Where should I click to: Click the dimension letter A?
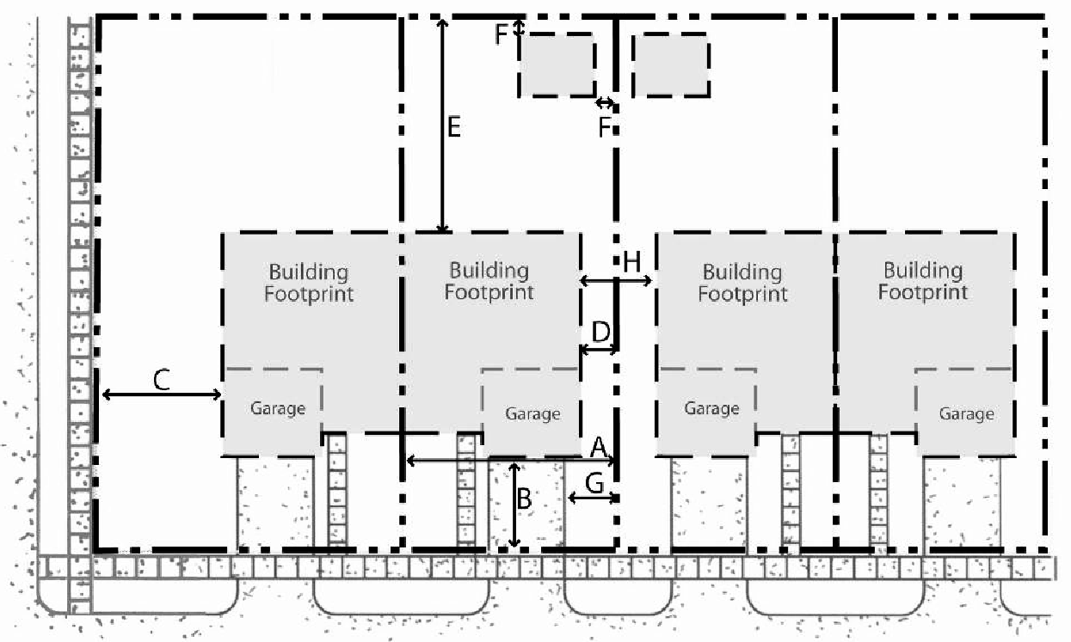coord(599,448)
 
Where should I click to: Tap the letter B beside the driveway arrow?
coord(525,498)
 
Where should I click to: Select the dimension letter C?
coord(162,381)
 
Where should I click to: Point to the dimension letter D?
coord(600,332)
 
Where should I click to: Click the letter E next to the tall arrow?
coord(453,127)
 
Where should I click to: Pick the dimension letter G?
coord(594,483)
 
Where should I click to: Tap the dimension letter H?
coord(631,262)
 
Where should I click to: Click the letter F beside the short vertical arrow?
coord(501,34)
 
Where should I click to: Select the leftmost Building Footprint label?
coord(308,282)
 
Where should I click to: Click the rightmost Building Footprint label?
coord(923,281)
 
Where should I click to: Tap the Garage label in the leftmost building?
coord(278,409)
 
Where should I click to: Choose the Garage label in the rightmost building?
coord(966,413)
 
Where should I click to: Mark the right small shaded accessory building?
coord(671,65)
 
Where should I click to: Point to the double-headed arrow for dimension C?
coord(162,394)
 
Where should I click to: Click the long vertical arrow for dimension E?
coord(443,126)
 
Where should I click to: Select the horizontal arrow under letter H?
coord(615,281)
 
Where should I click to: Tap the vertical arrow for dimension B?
coord(514,504)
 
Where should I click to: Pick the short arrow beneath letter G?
coord(593,498)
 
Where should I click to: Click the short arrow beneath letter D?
coord(599,350)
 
